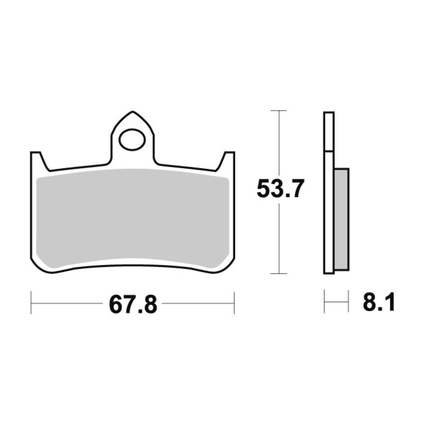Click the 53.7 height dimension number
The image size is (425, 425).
point(279,188)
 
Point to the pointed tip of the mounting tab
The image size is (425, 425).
point(133,111)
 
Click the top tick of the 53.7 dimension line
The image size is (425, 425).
point(279,110)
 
